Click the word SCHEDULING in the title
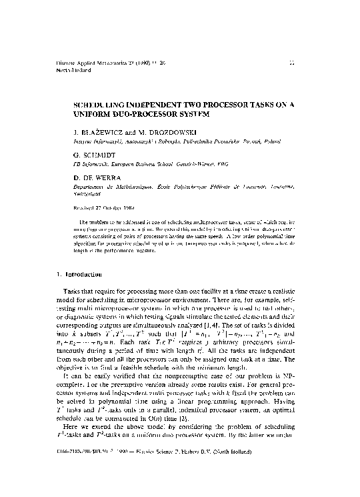[x=99, y=105]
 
